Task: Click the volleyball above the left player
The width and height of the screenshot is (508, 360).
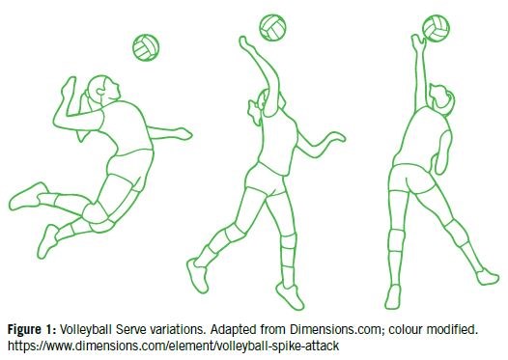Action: [146, 47]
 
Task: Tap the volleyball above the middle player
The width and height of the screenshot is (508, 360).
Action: [272, 28]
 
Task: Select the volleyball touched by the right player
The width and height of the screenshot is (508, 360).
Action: [437, 28]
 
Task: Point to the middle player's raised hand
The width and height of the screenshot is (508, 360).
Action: [245, 42]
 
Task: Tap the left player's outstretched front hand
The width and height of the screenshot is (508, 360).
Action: [183, 133]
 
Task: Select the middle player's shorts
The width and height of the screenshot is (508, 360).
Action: [265, 180]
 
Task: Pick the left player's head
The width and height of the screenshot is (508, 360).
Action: [103, 90]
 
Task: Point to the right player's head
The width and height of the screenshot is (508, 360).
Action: [442, 99]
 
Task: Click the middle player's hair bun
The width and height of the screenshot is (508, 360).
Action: [254, 112]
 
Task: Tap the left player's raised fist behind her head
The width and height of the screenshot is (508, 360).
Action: [69, 85]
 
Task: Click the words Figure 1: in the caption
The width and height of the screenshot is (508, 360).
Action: [32, 329]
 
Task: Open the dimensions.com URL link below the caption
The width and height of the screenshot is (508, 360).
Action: [173, 346]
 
